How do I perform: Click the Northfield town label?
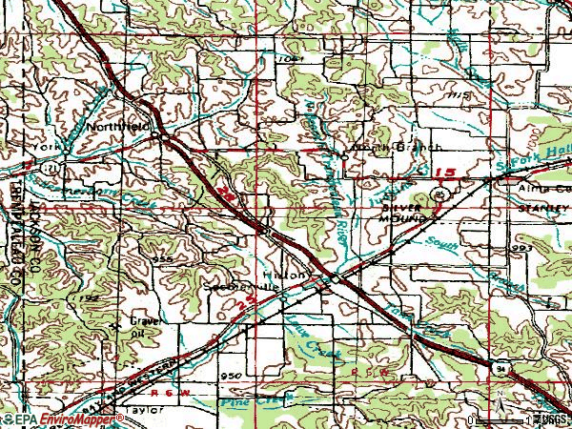click(115, 125)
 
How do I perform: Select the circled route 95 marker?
click(439, 194)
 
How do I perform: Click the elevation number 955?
click(162, 258)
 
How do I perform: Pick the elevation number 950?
click(230, 377)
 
